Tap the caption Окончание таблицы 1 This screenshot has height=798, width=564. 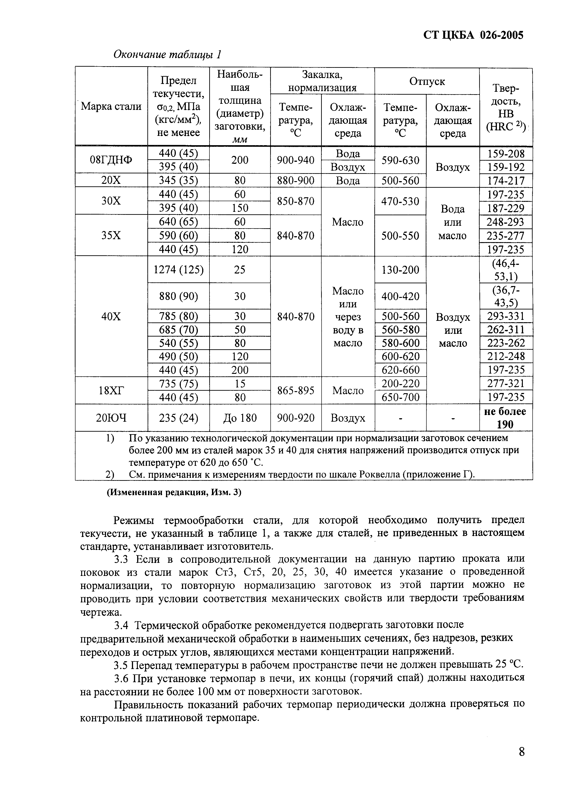pos(168,55)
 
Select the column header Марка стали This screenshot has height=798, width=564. pos(111,106)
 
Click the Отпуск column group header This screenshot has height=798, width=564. pos(427,81)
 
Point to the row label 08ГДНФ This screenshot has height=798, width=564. pos(111,160)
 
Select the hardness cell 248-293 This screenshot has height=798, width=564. pos(506,222)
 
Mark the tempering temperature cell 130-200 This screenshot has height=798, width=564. pos(400,270)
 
